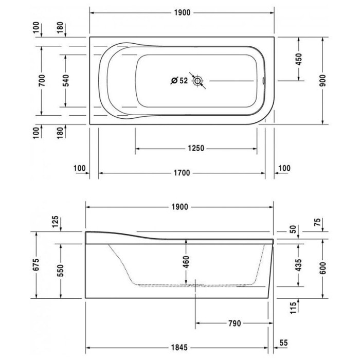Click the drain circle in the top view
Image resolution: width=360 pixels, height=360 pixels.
(197, 81)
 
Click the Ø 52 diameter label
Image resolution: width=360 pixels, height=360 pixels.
(179, 81)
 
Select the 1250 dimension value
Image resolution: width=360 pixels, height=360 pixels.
(196, 148)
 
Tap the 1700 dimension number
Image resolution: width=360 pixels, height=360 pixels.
(182, 173)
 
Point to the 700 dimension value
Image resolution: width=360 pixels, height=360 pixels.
(42, 81)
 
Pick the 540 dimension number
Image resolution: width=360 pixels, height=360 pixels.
(66, 81)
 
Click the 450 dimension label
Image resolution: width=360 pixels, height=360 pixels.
(299, 59)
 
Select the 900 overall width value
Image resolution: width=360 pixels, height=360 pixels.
(322, 81)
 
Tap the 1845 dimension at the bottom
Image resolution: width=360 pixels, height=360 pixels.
(179, 347)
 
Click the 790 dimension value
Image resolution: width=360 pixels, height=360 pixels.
(235, 323)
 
